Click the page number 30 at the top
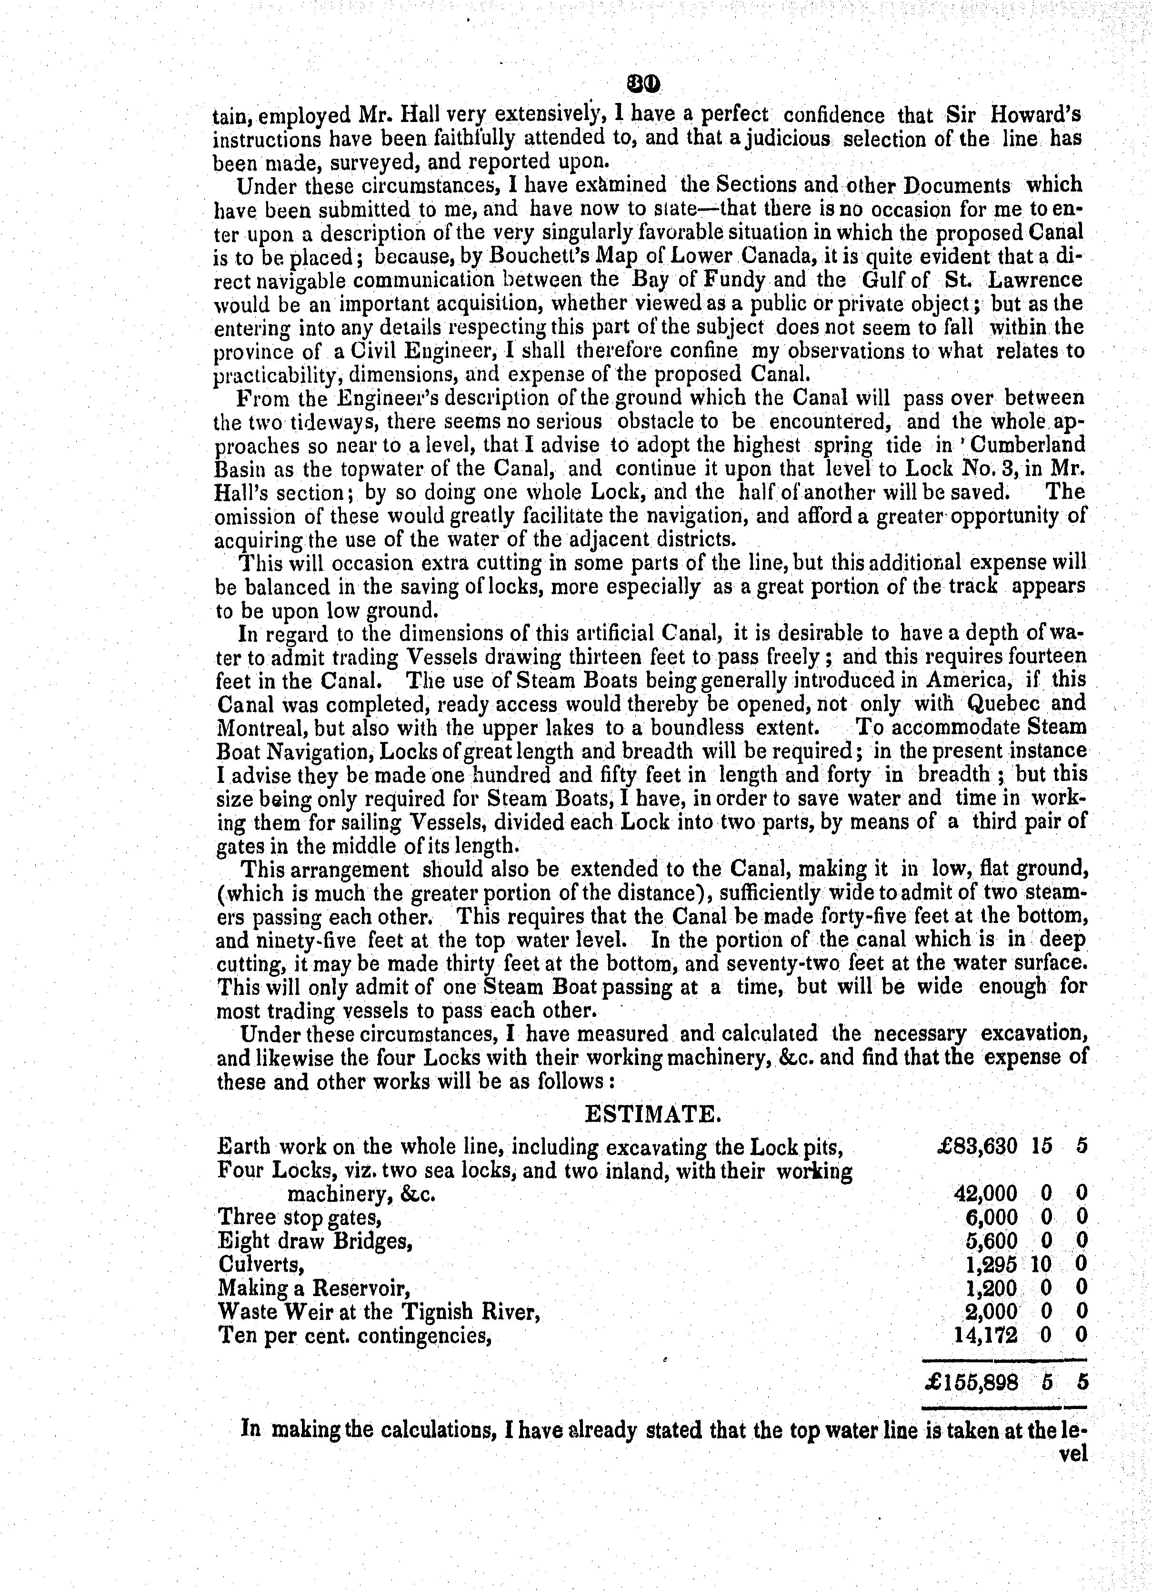click(x=645, y=84)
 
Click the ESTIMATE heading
click(x=652, y=1114)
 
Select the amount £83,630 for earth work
click(x=977, y=1146)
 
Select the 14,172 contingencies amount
click(x=986, y=1334)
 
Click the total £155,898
click(x=971, y=1382)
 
